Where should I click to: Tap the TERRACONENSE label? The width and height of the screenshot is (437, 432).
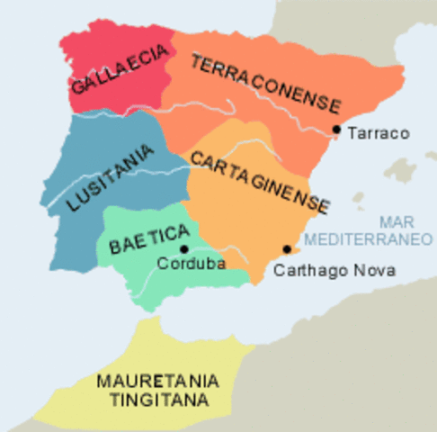pyautogui.click(x=264, y=80)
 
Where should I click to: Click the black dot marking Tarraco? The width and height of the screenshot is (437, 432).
pyautogui.click(x=335, y=130)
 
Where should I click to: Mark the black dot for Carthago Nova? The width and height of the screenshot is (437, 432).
pyautogui.click(x=287, y=249)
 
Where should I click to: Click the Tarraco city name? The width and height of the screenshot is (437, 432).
pyautogui.click(x=378, y=134)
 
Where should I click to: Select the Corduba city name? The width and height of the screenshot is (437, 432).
pyautogui.click(x=191, y=264)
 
